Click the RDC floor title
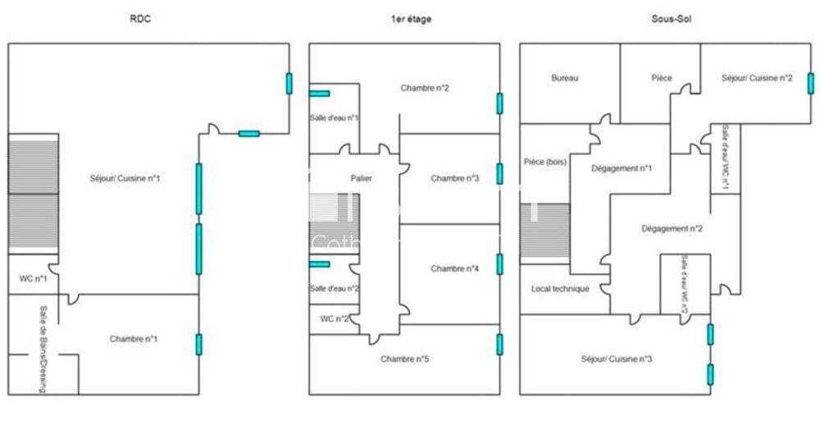pos(141,19)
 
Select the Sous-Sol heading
pos(666,19)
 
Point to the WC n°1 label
pos(33,279)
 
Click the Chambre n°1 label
pos(134,338)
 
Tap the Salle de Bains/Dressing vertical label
pos(43,350)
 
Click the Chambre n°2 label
pos(425,88)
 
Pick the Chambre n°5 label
pos(404,359)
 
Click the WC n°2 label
pos(335,318)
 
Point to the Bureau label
pos(565,78)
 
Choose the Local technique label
pos(560,289)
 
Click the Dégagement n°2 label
pos(672,229)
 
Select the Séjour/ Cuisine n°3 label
pos(617,359)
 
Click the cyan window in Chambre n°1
pos(198,344)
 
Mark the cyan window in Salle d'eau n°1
pos(319,94)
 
